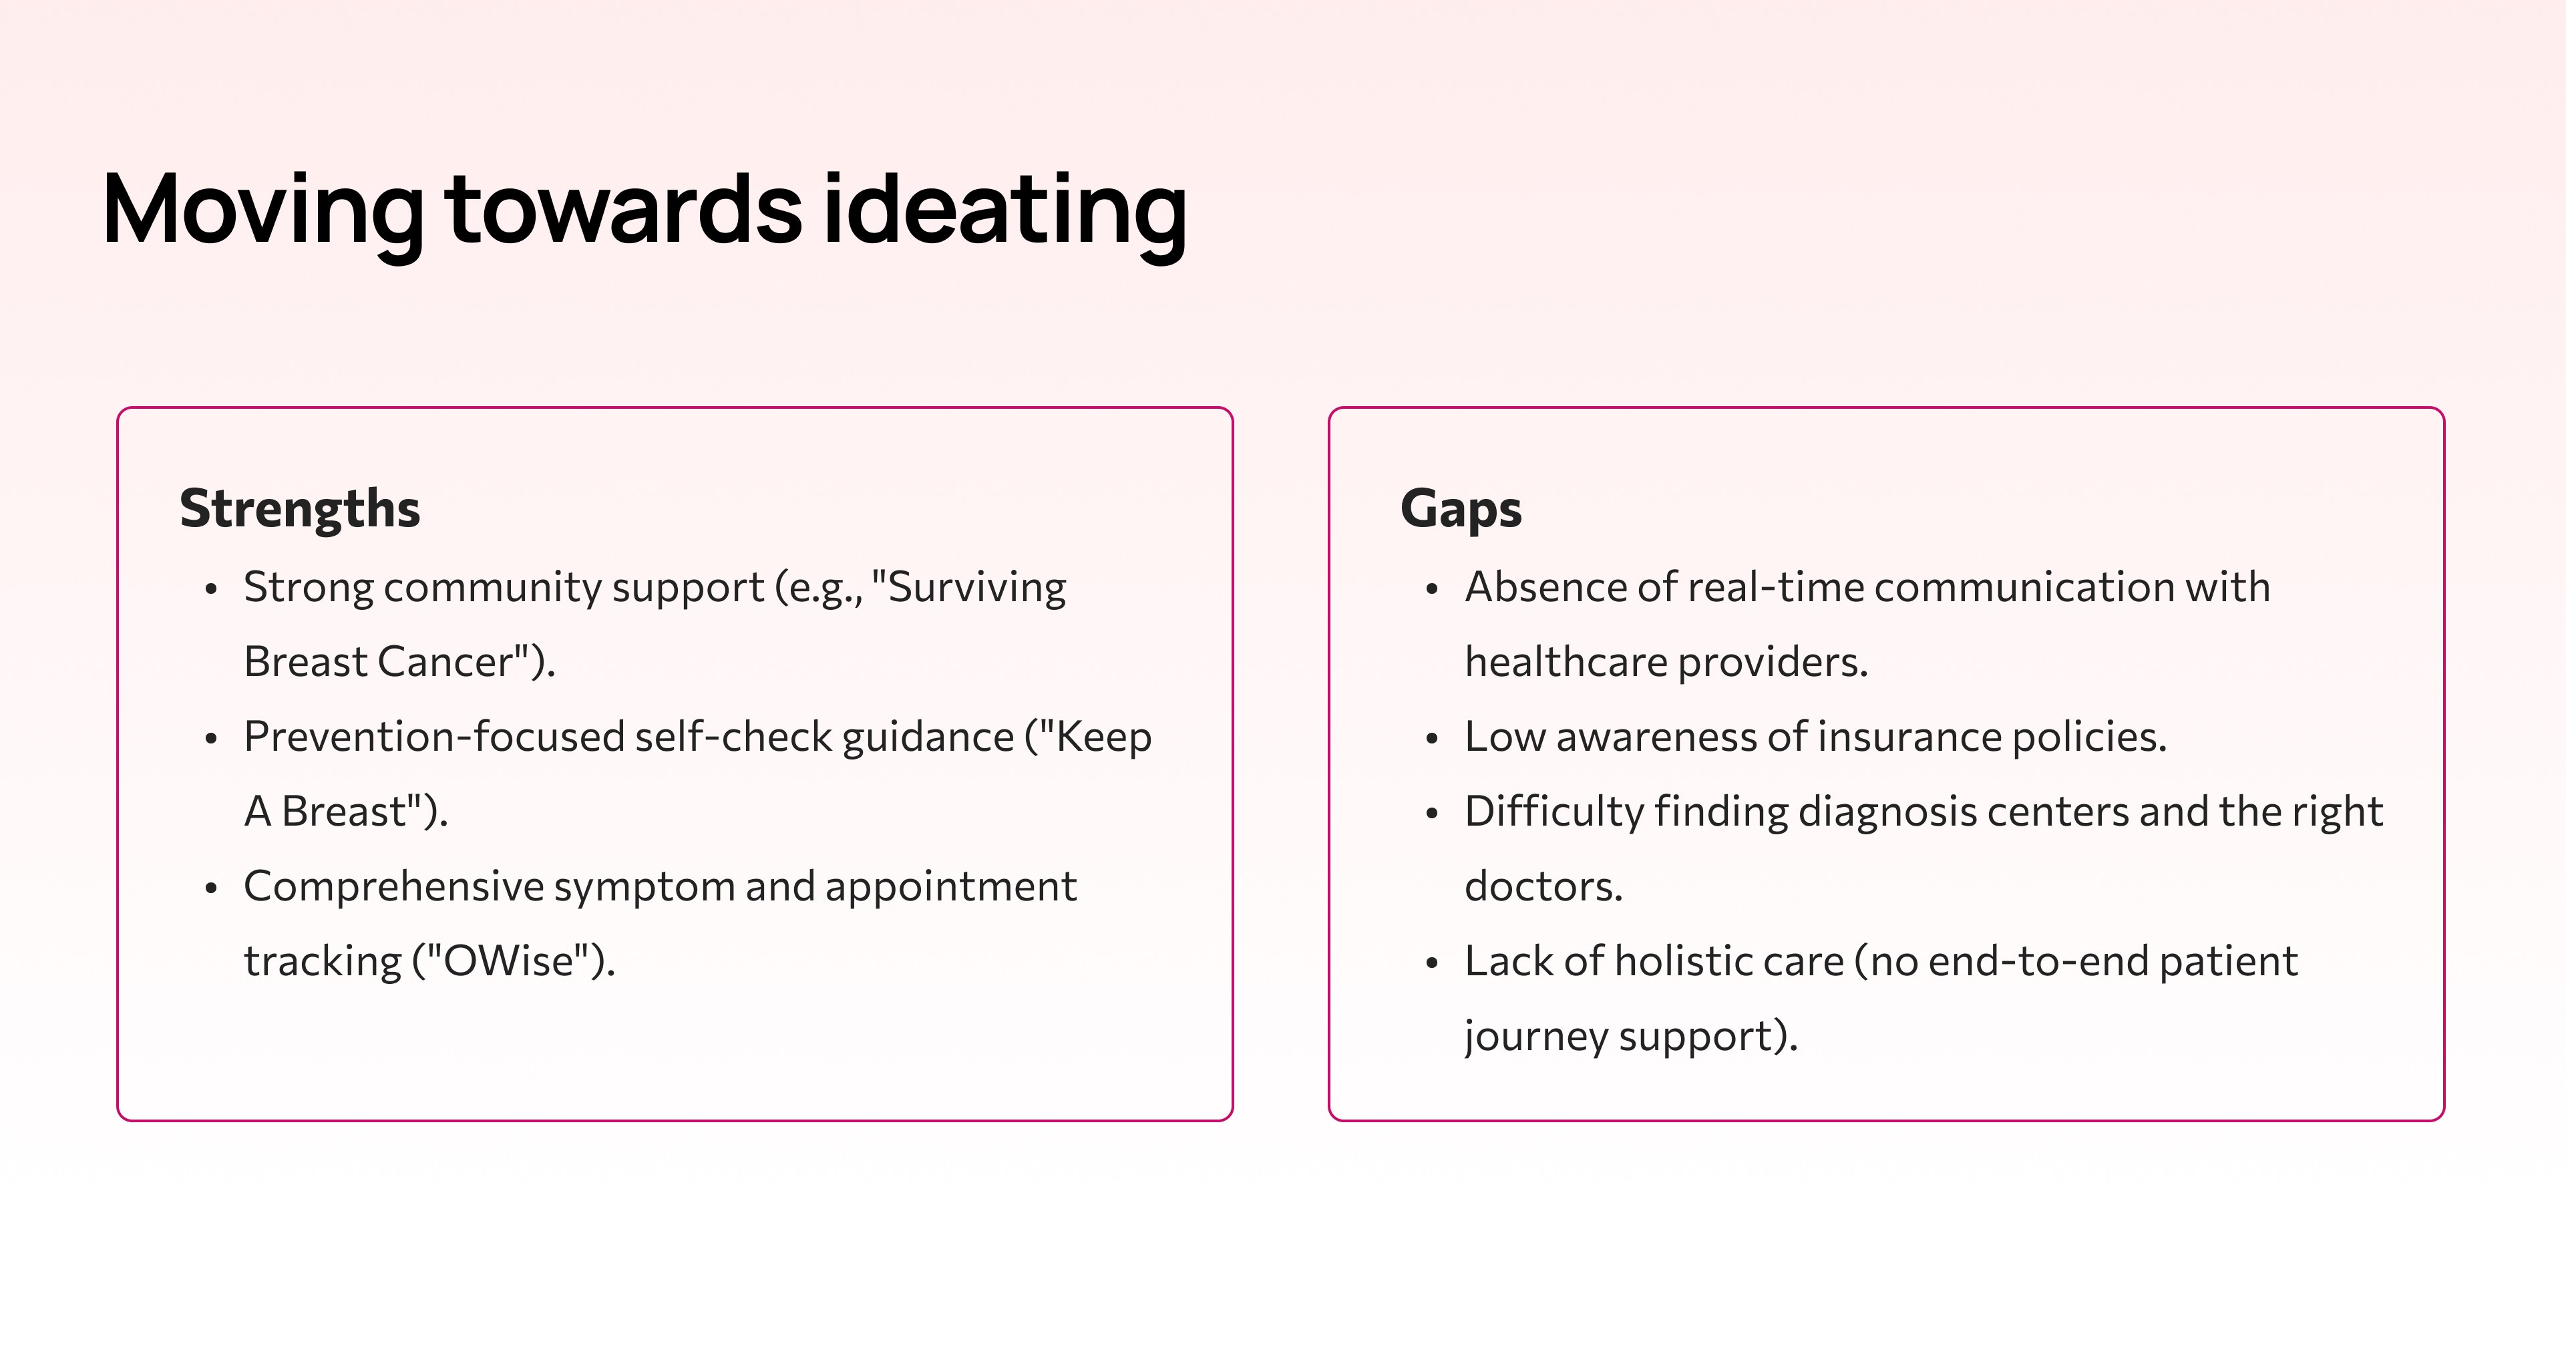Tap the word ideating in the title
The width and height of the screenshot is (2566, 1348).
1004,210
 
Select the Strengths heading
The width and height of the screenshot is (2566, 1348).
300,509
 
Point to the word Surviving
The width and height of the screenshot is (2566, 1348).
976,588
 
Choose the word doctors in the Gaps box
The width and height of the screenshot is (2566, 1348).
1543,886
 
